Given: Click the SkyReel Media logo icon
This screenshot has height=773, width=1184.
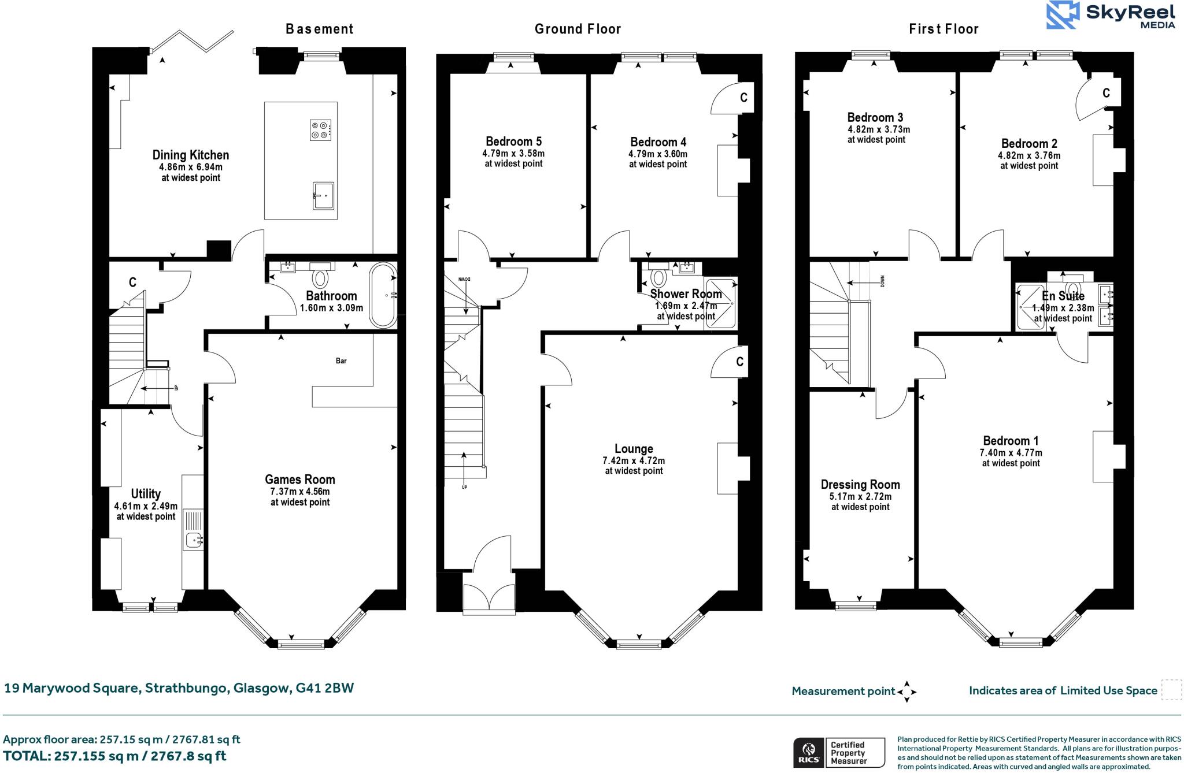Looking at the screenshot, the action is coord(1063,15).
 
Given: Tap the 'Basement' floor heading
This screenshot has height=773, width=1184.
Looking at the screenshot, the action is coord(319,29).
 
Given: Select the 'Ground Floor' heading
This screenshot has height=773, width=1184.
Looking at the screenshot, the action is coord(578,29).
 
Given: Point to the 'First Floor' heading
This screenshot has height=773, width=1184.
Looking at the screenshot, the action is coord(943,29).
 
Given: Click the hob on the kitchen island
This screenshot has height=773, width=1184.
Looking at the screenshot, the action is coord(321,130).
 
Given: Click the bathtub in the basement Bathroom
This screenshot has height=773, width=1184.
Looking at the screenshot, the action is coord(383,296).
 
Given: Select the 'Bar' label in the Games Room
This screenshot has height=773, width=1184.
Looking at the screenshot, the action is coord(341,361).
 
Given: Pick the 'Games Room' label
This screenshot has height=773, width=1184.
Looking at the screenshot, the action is coord(300,479).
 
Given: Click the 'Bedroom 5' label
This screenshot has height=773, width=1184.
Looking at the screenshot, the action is coord(513,142).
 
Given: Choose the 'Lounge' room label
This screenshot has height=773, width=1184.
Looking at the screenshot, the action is coord(634,449).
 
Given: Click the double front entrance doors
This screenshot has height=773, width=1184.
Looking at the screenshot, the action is coord(489,596).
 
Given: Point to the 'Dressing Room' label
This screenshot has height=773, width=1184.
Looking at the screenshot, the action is coord(860,485).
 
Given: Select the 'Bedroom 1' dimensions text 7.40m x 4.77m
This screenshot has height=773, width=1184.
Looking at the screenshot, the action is coord(1011,453).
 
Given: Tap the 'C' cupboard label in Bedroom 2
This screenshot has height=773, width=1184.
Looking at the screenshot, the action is coord(1106,92).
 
